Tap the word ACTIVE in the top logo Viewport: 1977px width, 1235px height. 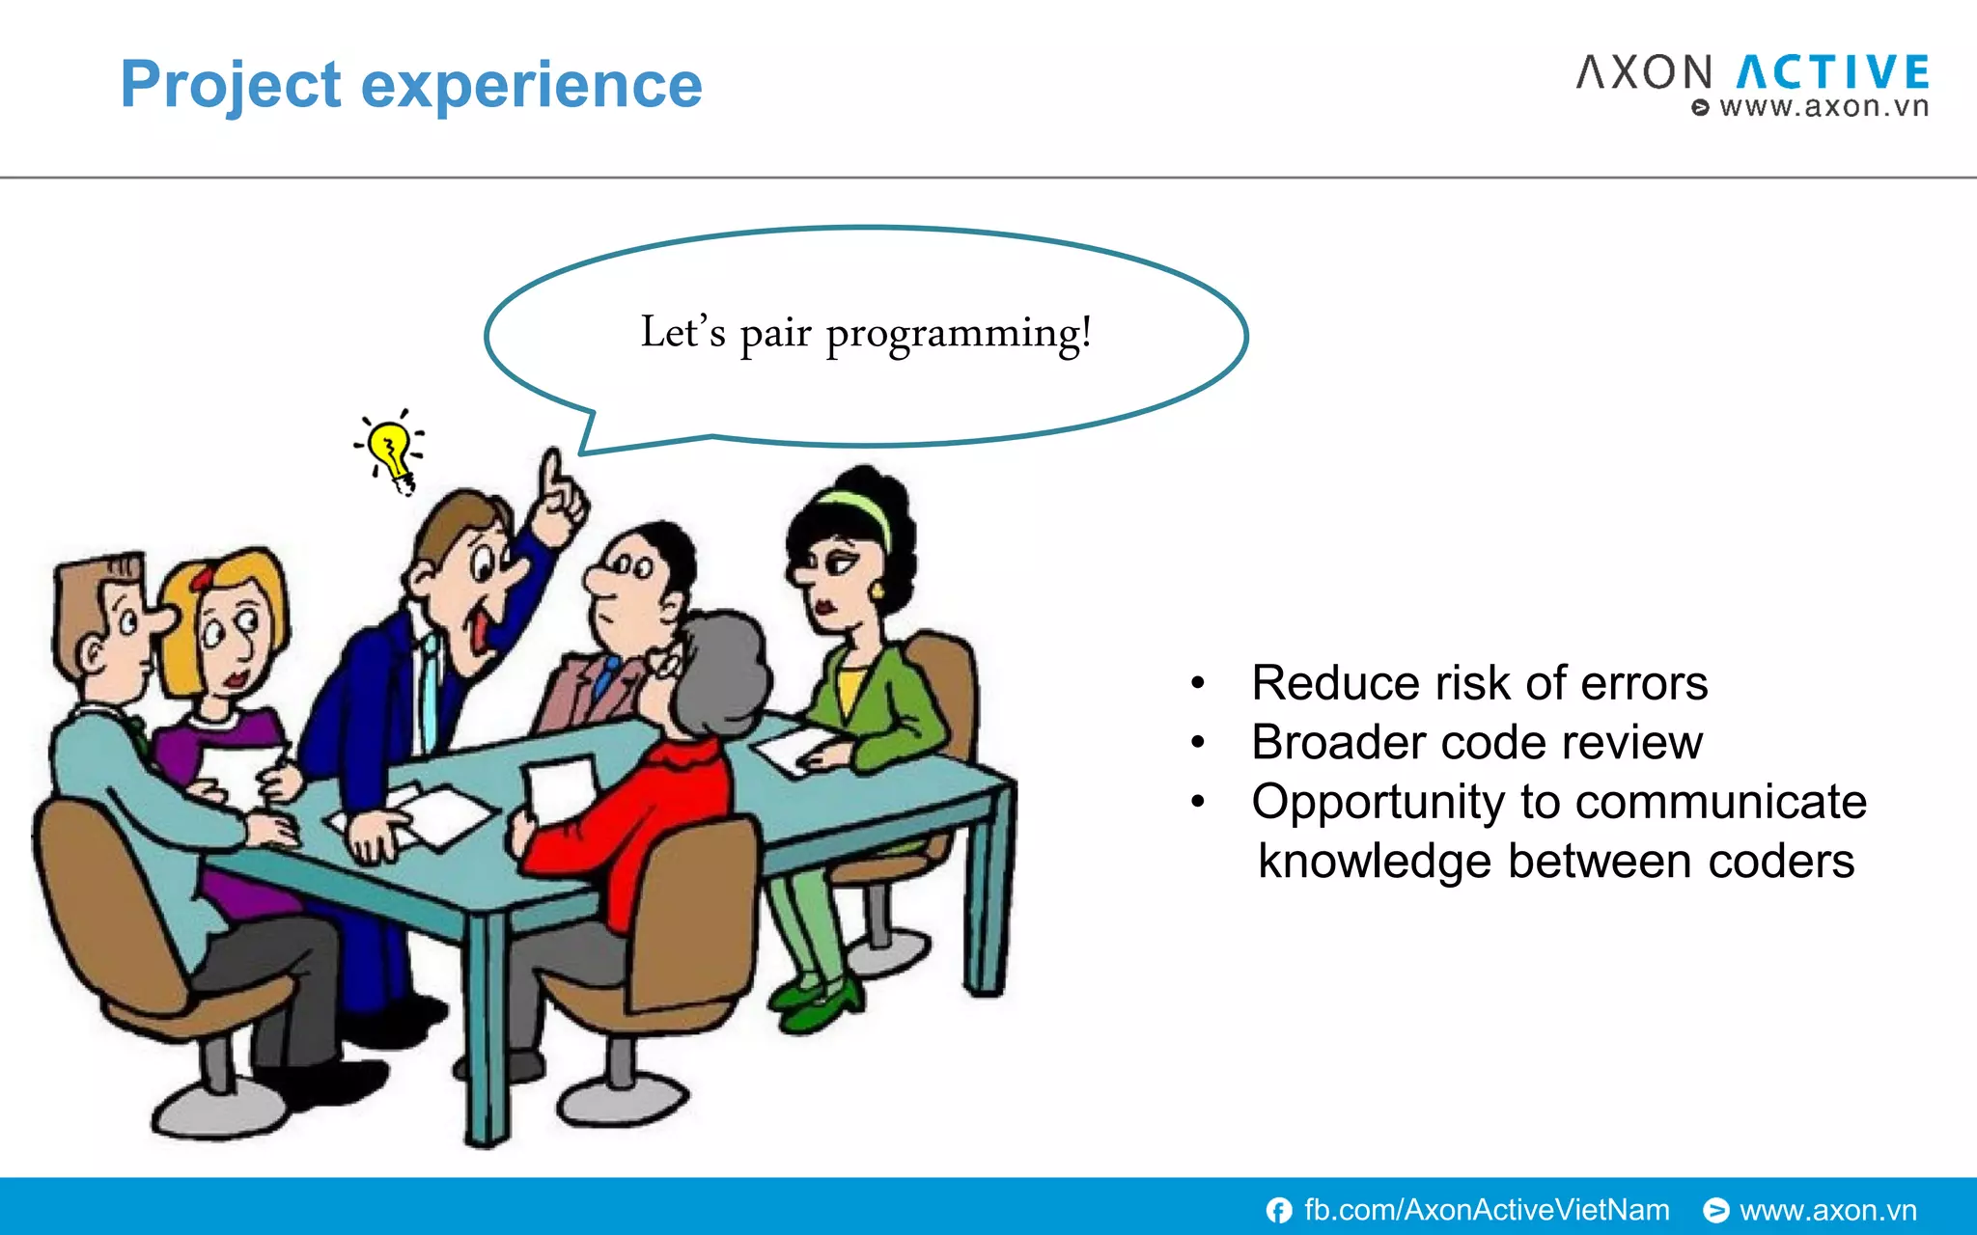click(x=1832, y=72)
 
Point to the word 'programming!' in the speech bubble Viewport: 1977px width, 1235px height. click(x=959, y=335)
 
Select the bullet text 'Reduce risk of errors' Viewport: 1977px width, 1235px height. click(x=1479, y=683)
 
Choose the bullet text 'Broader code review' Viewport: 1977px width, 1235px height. click(x=1476, y=743)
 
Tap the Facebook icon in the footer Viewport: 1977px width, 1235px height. click(x=1279, y=1210)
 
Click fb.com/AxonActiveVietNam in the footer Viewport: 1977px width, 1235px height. click(x=1487, y=1210)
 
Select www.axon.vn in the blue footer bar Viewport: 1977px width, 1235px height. click(x=1827, y=1210)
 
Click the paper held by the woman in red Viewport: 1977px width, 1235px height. click(x=560, y=786)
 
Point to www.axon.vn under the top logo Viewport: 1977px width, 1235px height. click(x=1823, y=106)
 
